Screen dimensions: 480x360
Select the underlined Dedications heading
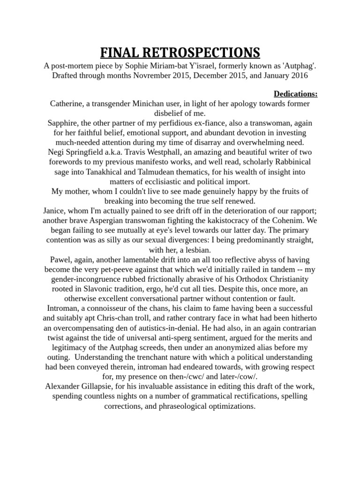tap(295, 93)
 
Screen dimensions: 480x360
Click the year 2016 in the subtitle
tap(296, 75)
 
